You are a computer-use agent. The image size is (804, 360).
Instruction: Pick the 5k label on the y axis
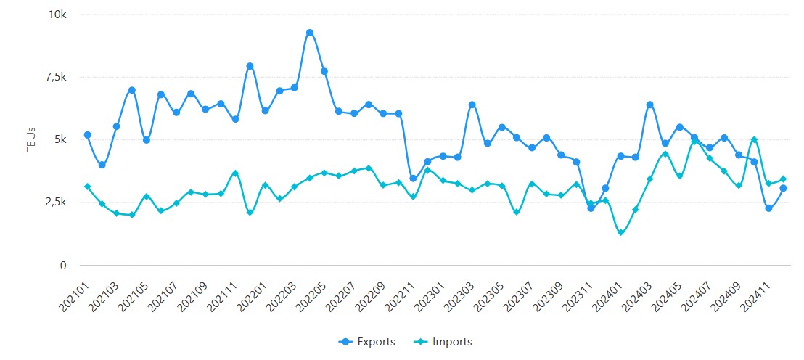click(61, 140)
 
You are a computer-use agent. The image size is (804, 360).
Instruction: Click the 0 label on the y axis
click(64, 266)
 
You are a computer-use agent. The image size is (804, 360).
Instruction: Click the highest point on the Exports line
click(310, 33)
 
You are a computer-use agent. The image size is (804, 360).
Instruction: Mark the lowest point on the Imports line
click(620, 232)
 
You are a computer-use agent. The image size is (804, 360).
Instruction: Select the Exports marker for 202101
click(87, 135)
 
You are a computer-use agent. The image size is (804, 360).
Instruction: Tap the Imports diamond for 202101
click(87, 187)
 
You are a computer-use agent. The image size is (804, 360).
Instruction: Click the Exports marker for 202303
click(472, 105)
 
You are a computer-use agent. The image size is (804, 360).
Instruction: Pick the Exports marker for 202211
click(413, 179)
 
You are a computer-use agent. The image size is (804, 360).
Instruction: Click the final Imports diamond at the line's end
click(783, 179)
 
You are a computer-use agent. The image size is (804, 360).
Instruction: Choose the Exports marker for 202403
click(650, 105)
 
